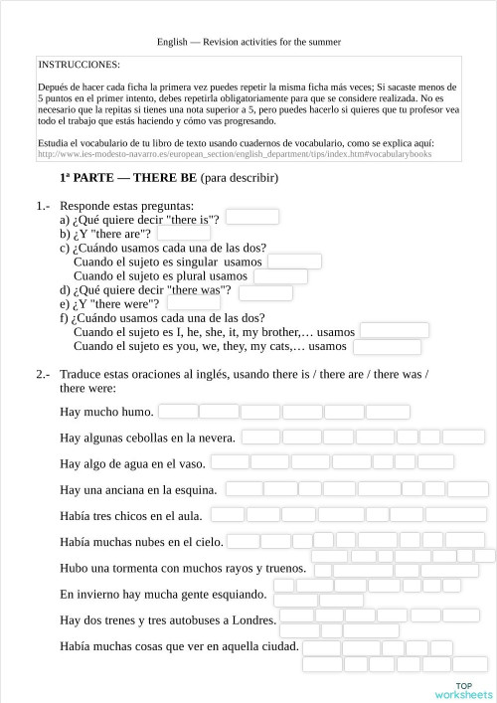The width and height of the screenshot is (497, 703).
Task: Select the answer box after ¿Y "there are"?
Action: (184, 233)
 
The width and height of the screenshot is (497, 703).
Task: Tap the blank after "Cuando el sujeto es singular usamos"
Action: (294, 262)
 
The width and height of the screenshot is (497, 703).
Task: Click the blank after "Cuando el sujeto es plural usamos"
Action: (277, 276)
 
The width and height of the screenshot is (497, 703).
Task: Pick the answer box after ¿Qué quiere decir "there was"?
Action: (266, 291)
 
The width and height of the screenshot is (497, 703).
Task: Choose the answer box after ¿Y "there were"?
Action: (194, 303)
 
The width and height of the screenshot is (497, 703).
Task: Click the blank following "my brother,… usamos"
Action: (394, 331)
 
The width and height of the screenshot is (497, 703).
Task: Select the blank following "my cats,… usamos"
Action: (387, 347)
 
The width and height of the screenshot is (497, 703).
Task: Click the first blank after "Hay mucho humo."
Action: (178, 411)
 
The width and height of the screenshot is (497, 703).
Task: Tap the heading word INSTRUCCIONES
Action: (79, 63)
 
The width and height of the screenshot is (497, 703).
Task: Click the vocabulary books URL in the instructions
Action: (235, 155)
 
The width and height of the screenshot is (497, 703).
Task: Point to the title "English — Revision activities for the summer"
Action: (248, 42)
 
